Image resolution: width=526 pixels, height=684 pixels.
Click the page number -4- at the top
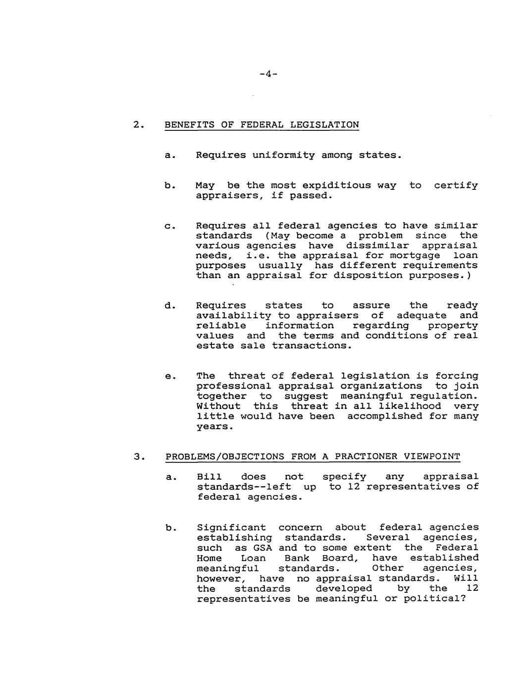click(x=268, y=74)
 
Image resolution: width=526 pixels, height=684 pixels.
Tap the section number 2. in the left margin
click(x=139, y=125)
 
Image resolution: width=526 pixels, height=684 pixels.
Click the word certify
click(x=456, y=185)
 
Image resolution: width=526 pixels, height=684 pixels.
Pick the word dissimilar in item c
click(x=377, y=246)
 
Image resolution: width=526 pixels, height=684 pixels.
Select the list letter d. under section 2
click(x=169, y=306)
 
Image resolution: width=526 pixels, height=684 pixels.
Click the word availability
click(x=233, y=316)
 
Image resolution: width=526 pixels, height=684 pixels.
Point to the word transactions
click(x=312, y=346)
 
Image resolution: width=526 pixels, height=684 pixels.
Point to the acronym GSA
click(x=263, y=548)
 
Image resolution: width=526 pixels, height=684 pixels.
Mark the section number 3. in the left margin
click(x=139, y=456)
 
